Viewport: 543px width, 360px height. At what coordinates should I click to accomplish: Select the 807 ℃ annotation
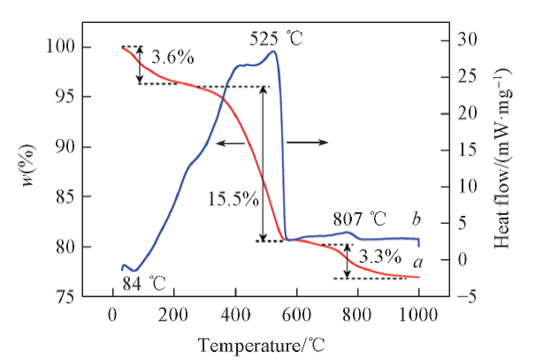pos(360,218)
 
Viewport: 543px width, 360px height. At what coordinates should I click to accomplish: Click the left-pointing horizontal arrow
pos(231,142)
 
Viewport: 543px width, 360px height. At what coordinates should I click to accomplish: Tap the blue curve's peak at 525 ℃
pos(273,51)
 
